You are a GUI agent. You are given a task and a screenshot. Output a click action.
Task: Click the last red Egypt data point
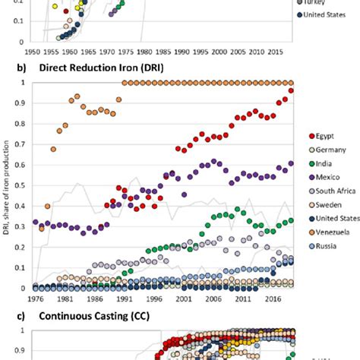pyautogui.click(x=292, y=91)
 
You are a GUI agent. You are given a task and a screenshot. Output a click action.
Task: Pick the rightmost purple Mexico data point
pyautogui.click(x=292, y=163)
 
